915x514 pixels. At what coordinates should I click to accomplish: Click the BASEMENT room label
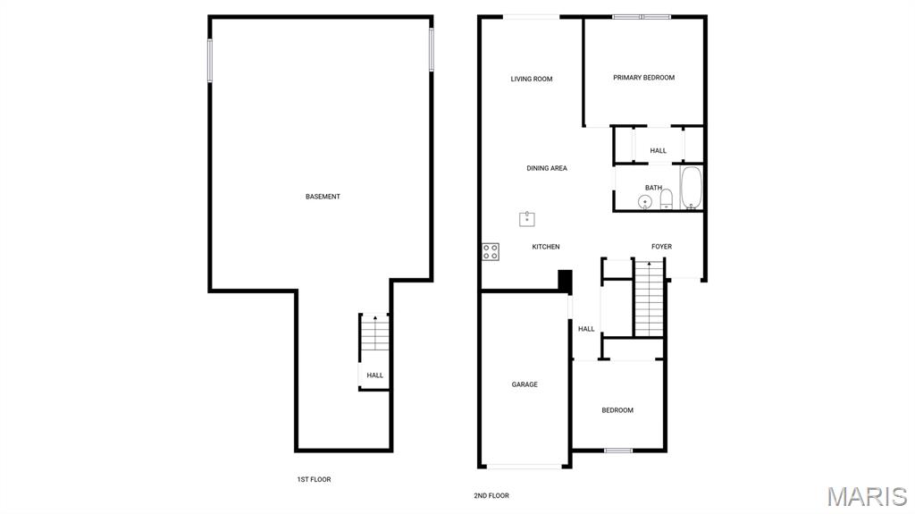[x=323, y=197]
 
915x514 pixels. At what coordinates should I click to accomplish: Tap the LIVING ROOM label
[x=532, y=79]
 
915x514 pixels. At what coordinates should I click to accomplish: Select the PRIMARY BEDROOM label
[x=643, y=77]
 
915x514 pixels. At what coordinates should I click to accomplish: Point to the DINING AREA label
[x=547, y=168]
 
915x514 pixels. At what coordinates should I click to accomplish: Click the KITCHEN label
[x=546, y=247]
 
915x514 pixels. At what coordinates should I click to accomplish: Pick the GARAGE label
[x=525, y=384]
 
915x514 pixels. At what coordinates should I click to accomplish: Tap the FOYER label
[x=662, y=247]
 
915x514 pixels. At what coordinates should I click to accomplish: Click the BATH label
[x=653, y=188]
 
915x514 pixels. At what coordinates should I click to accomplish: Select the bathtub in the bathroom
[x=692, y=188]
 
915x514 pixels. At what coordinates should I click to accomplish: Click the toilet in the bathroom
[x=667, y=199]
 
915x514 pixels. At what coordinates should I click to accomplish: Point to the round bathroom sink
[x=645, y=202]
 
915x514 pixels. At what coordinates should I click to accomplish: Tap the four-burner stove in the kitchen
[x=491, y=252]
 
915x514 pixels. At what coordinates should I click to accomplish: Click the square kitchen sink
[x=527, y=219]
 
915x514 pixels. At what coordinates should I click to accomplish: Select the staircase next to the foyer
[x=650, y=299]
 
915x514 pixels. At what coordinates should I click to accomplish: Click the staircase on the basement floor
[x=374, y=333]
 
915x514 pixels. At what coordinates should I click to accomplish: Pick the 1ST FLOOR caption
[x=314, y=479]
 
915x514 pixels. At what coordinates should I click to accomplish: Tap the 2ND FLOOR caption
[x=491, y=496]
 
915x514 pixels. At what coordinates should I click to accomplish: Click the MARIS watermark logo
[x=867, y=496]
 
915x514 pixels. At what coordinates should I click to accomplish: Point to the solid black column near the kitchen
[x=565, y=281]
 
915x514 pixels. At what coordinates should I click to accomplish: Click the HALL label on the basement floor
[x=375, y=375]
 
